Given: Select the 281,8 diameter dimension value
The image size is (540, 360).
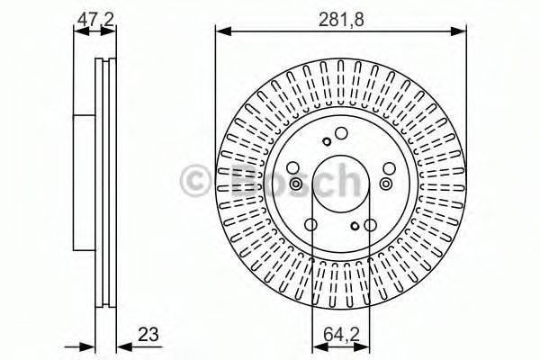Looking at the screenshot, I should point(340,16).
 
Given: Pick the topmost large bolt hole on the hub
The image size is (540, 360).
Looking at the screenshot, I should point(340,134).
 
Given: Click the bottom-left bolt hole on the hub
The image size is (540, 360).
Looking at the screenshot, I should point(310,225).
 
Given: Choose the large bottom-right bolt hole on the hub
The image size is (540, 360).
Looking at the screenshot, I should point(370,225).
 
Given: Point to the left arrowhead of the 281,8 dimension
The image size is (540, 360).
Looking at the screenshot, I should point(220,32).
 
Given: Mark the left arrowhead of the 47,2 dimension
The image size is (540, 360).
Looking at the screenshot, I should point(77,32).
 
